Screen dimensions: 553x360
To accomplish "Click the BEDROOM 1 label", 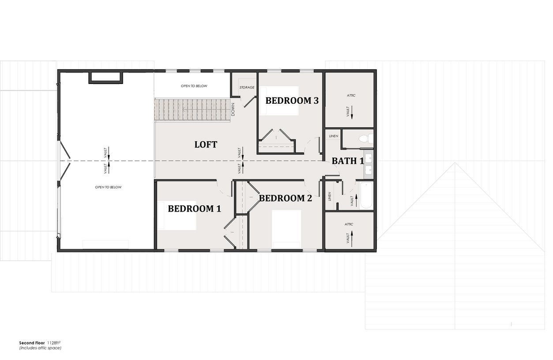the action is tap(194, 209).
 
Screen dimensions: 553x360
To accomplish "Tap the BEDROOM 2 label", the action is tap(286, 198).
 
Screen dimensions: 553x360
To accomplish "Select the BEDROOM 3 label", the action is tap(292, 101).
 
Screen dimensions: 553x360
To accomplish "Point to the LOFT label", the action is tap(206, 144).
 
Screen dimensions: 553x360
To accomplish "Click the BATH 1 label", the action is tap(348, 161).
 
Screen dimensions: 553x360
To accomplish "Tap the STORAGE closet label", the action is tap(247, 87).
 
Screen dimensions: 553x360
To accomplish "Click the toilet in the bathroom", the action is tap(366, 139).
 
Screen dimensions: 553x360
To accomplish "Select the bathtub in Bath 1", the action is tap(366, 195).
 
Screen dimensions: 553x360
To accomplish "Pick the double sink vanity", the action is tap(369, 164).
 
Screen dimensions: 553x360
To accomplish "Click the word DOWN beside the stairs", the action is tap(233, 110).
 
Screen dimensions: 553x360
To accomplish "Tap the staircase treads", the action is tap(192, 110).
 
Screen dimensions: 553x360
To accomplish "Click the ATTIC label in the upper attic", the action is tap(351, 95).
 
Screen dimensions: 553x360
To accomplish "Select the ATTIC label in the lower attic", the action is tap(349, 224).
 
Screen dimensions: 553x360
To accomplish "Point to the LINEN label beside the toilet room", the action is tap(334, 136).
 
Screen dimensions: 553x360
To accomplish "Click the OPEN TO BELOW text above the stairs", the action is tap(194, 86).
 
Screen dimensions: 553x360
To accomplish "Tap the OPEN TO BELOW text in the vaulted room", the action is tap(109, 187).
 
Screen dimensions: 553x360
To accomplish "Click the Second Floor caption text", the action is tap(32, 343).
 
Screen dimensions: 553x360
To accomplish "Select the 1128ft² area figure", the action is tap(54, 343).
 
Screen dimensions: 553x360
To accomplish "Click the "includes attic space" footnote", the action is tap(40, 348).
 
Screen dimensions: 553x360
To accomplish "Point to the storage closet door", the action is tap(249, 102).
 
